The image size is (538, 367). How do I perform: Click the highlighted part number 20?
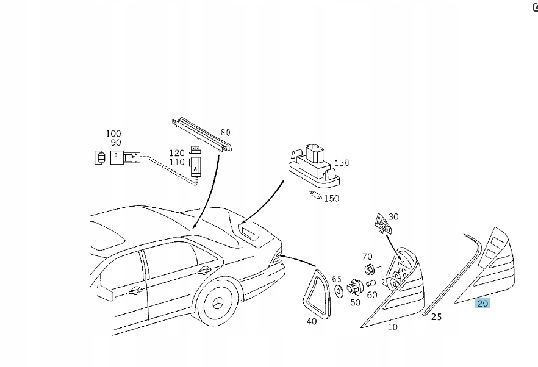click(x=482, y=303)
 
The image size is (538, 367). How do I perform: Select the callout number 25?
click(x=436, y=316)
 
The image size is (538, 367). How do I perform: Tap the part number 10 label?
click(x=392, y=327)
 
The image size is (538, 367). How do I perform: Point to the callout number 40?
click(x=312, y=321)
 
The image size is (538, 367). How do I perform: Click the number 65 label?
click(x=337, y=279)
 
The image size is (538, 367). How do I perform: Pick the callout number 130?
click(x=342, y=163)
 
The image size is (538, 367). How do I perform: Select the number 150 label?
click(x=332, y=198)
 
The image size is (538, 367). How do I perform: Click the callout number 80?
click(x=226, y=132)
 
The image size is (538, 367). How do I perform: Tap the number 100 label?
click(x=113, y=133)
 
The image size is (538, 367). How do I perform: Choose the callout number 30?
click(x=393, y=216)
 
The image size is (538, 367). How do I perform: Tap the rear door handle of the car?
click(x=204, y=270)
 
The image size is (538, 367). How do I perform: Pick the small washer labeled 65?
click(x=337, y=291)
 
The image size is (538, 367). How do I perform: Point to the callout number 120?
click(x=177, y=152)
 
